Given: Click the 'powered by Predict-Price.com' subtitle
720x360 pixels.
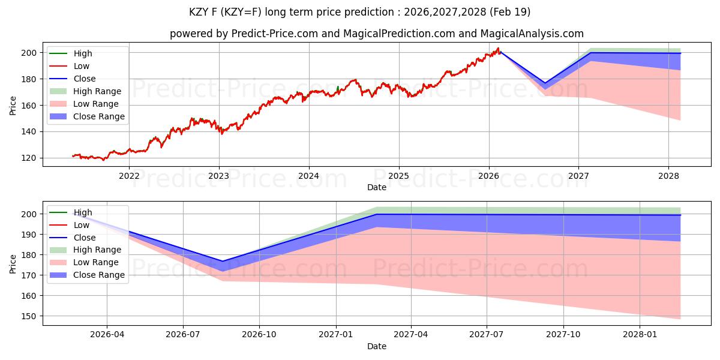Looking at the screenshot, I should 376,34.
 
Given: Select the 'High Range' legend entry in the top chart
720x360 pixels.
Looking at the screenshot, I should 97,91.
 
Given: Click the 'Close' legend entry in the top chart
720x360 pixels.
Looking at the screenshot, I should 84,79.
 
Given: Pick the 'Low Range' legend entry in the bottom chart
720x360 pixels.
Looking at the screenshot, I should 96,262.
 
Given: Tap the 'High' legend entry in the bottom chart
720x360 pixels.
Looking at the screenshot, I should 83,212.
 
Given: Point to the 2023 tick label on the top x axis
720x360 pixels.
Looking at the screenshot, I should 218,176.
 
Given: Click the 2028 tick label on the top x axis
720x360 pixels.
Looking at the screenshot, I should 668,176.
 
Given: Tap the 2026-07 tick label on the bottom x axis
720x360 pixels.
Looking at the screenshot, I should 183,335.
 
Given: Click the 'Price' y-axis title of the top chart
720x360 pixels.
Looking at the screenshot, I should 13,105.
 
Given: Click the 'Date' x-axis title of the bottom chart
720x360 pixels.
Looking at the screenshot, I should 376,346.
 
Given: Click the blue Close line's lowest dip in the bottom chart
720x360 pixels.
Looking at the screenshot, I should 223,261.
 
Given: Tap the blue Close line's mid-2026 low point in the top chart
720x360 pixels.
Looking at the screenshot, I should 545,83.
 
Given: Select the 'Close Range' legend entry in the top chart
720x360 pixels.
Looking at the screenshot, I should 99,116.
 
